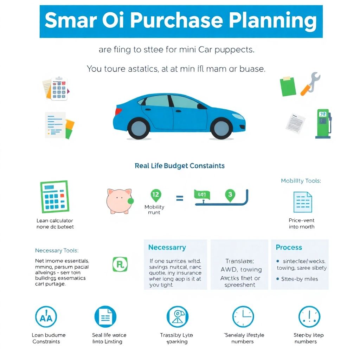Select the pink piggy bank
coord(119,201)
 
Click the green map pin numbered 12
coord(155,195)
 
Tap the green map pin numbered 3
coord(230,195)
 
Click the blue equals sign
coord(179,199)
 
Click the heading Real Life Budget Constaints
coord(180,166)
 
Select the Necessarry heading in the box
coord(167,247)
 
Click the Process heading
coord(289,247)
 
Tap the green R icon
coord(120,264)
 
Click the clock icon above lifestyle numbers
coord(243,316)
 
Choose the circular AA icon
coord(46,317)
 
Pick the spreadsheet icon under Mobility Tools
coord(302,202)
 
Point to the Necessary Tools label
coord(57,251)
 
